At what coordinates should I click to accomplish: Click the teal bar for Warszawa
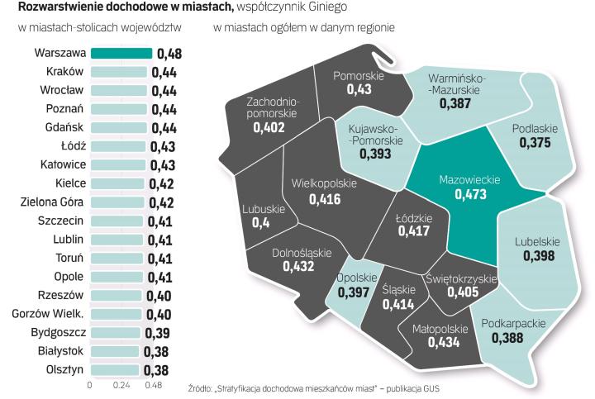tap(121, 54)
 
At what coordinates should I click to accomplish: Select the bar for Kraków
tap(118, 73)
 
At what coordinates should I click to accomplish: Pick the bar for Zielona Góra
tap(117, 202)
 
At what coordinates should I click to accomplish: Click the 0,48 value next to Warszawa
tap(169, 55)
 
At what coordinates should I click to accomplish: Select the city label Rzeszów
tap(61, 295)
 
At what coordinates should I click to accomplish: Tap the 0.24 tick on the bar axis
tap(121, 385)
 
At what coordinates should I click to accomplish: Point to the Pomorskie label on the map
tap(359, 76)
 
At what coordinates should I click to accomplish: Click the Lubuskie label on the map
tap(264, 210)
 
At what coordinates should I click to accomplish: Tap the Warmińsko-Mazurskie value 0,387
tap(455, 104)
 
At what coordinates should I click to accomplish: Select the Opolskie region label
tap(356, 278)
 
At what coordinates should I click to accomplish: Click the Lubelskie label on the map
tap(537, 243)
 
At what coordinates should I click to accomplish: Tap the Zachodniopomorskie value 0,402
tap(269, 128)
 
